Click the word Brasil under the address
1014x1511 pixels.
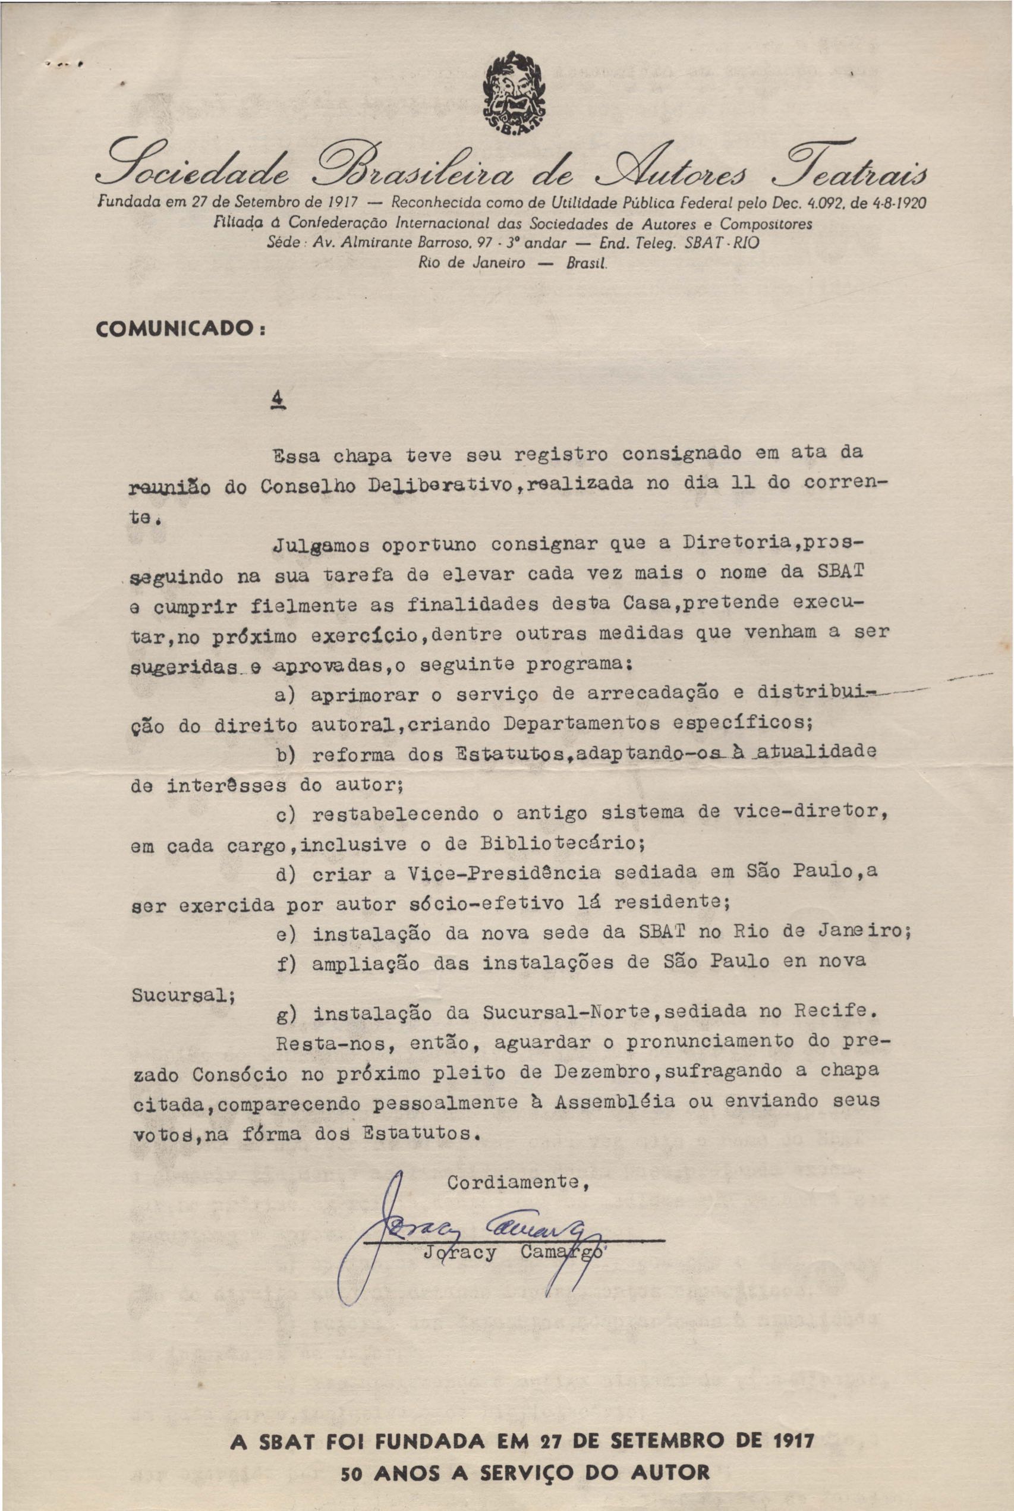(586, 264)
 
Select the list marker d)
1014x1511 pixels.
(285, 876)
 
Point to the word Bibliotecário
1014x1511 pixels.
(560, 843)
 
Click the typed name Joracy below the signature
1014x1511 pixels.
(460, 1252)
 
